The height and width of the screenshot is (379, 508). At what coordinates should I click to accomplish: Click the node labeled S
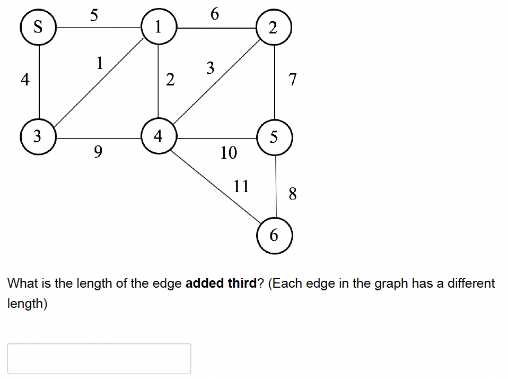(x=39, y=27)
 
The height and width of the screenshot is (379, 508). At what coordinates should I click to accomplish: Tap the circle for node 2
(x=274, y=28)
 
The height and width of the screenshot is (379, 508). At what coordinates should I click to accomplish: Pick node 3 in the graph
(x=39, y=136)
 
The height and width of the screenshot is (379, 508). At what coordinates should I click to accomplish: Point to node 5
(x=274, y=137)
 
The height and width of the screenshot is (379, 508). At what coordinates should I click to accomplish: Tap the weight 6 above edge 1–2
(x=214, y=14)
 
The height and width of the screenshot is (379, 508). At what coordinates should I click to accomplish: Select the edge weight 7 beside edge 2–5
(x=292, y=80)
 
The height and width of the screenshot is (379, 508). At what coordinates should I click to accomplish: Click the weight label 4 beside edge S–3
(x=24, y=80)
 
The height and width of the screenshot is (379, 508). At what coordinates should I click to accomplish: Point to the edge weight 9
(x=98, y=152)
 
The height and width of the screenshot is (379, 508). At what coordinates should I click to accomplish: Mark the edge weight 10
(x=229, y=153)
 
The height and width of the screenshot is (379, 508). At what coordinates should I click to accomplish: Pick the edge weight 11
(x=241, y=186)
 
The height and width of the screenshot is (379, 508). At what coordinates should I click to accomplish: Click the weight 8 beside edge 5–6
(x=292, y=194)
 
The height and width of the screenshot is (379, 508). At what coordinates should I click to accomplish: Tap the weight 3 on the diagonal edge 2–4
(x=211, y=68)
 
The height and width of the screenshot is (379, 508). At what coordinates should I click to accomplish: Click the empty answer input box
(x=99, y=358)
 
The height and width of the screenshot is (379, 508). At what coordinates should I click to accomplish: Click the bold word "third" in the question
(x=242, y=283)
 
